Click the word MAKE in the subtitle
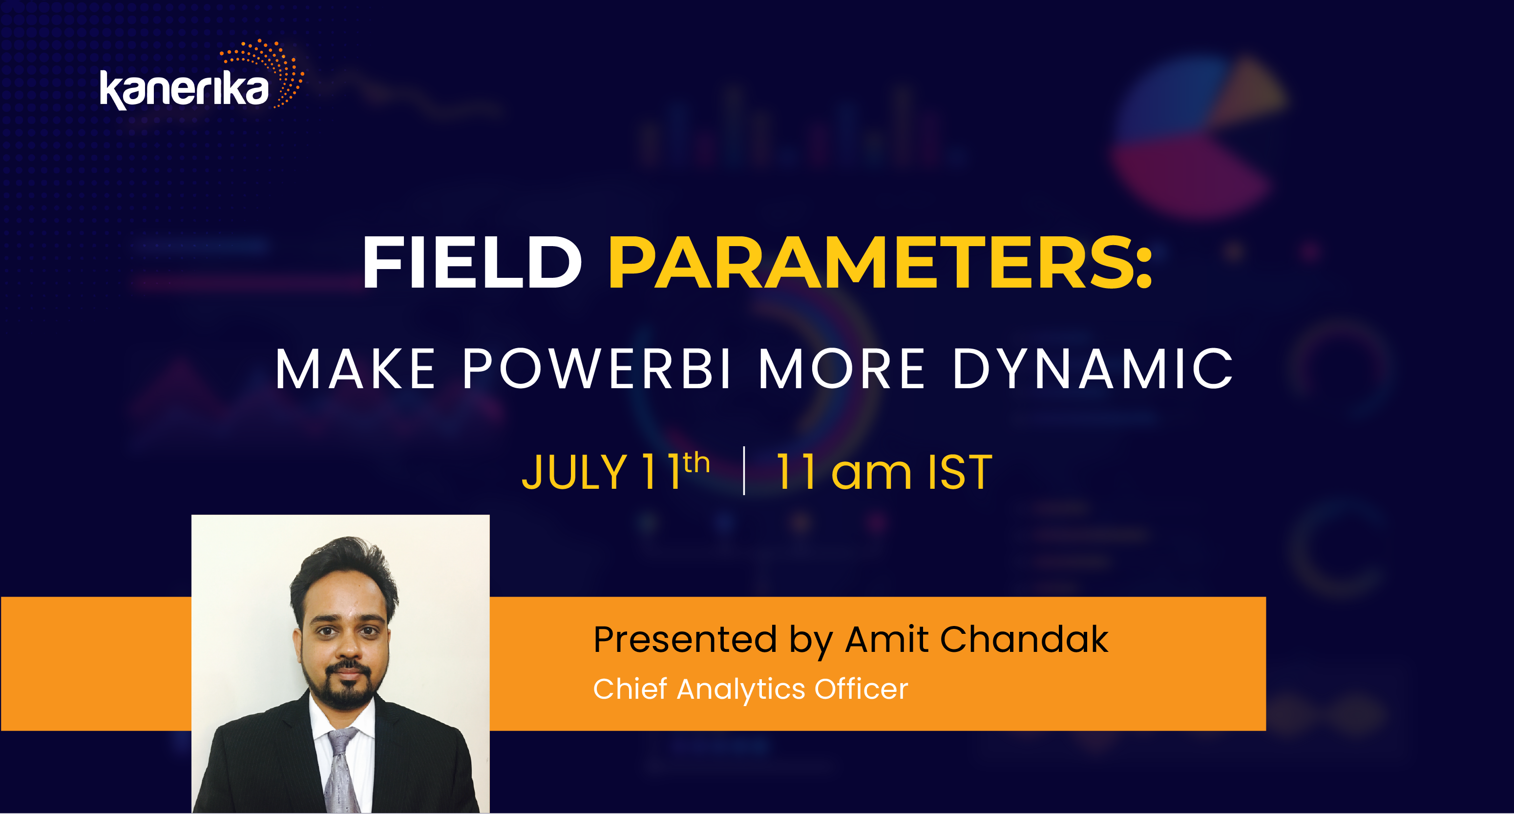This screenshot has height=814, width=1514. click(x=356, y=369)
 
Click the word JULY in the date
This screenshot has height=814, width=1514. click(x=574, y=473)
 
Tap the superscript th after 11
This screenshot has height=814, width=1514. click(x=696, y=463)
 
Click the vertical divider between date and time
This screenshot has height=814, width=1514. click(x=744, y=471)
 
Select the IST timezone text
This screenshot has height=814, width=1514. click(x=960, y=473)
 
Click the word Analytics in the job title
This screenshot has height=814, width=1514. click(x=740, y=689)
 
